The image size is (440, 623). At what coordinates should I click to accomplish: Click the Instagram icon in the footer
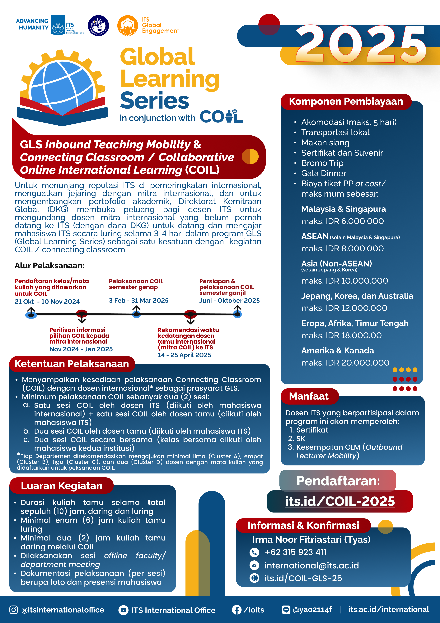(14, 610)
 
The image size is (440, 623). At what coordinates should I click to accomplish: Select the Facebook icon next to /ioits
(236, 610)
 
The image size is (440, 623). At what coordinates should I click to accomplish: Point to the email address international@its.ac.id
(311, 565)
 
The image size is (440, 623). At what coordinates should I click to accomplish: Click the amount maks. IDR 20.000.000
(345, 363)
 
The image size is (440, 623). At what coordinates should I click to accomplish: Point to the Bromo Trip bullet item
(322, 163)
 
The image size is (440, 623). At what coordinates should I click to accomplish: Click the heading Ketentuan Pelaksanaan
(72, 364)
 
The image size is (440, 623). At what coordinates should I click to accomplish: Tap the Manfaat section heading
(309, 396)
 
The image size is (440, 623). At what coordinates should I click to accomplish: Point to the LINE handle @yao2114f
(312, 610)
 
